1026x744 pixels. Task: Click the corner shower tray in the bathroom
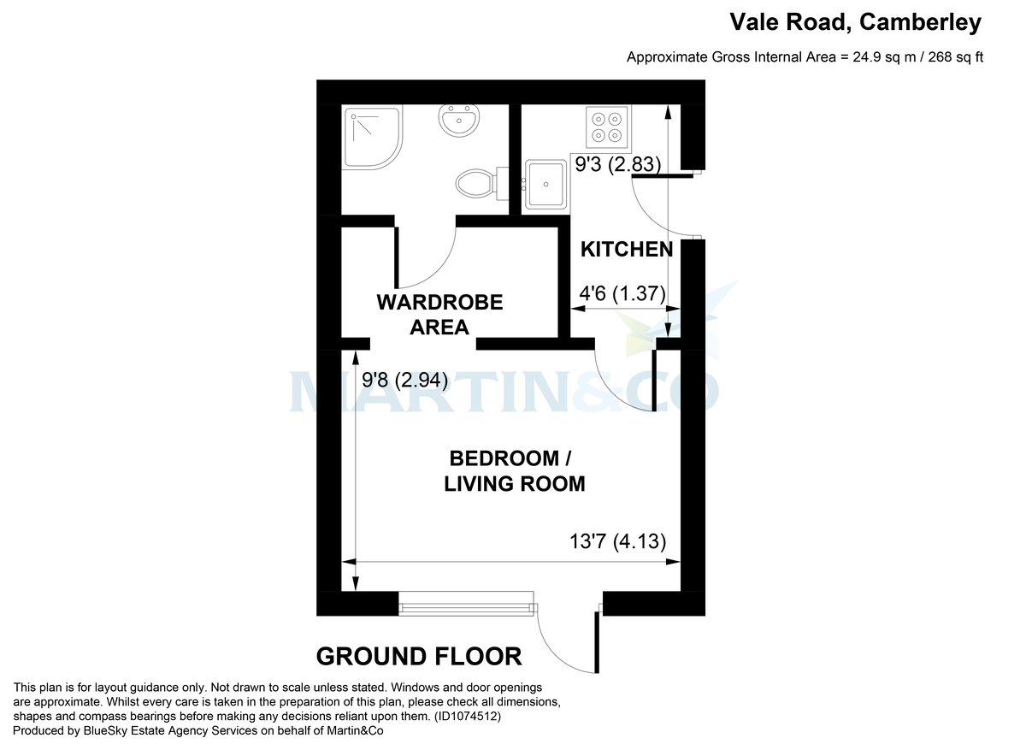tap(369, 137)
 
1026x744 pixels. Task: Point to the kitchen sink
tap(545, 183)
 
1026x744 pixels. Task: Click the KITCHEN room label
tap(627, 250)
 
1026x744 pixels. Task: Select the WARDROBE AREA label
tap(439, 314)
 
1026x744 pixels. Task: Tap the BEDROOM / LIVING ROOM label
tap(515, 470)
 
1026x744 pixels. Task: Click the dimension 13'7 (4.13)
tap(617, 541)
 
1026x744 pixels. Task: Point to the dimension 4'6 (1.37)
tap(622, 293)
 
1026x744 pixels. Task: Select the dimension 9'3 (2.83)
tap(617, 166)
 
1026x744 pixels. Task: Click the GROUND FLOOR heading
tap(419, 656)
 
